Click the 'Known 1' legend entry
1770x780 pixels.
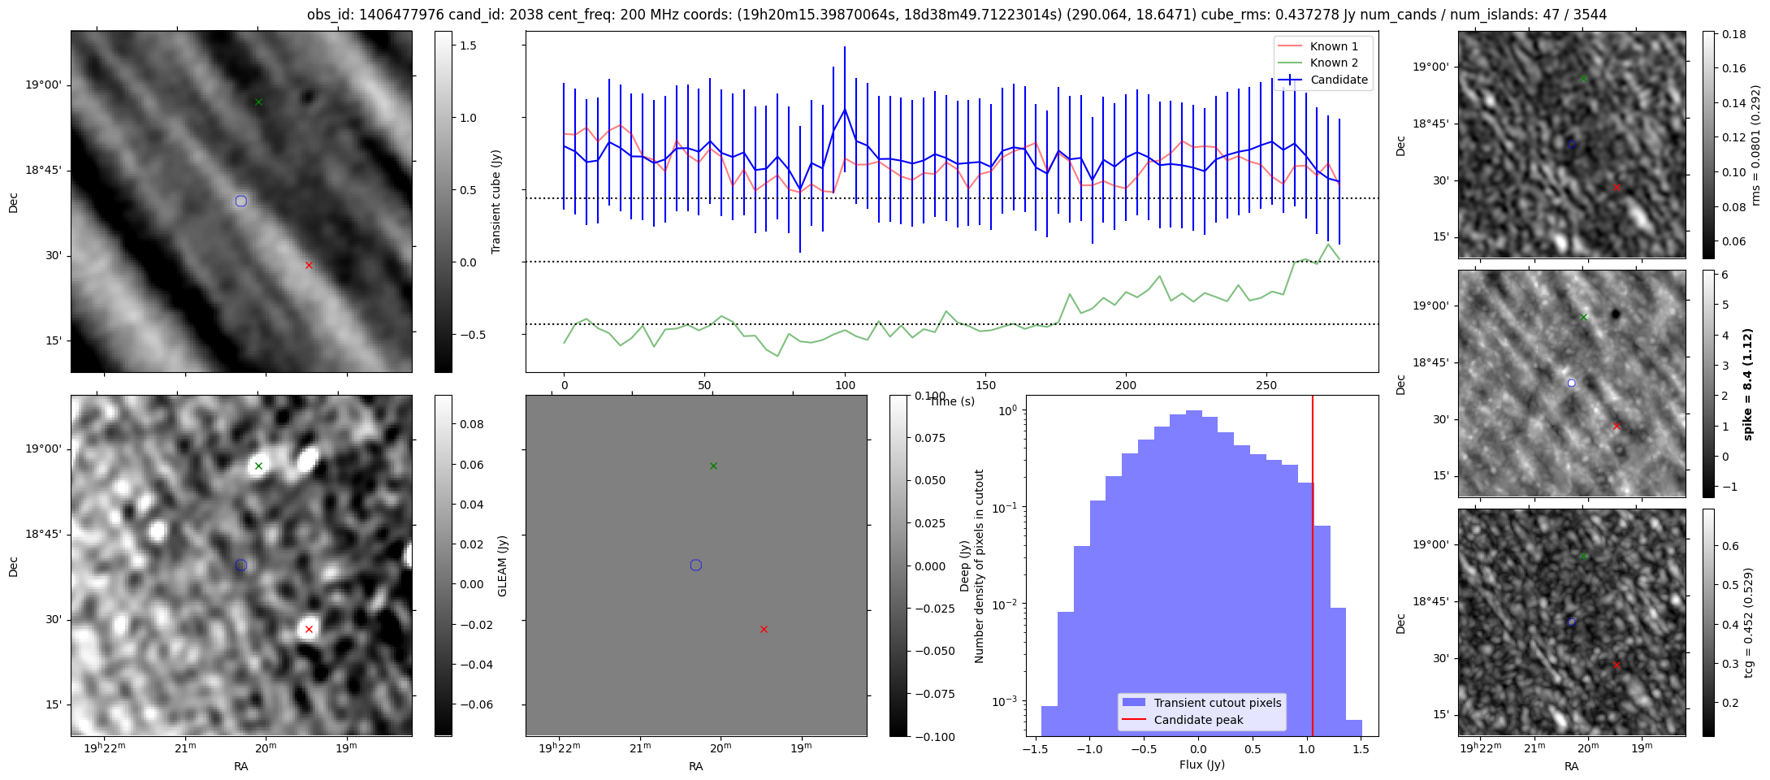click(1334, 46)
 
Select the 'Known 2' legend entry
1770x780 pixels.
click(1334, 63)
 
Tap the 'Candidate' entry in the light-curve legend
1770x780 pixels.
click(1339, 80)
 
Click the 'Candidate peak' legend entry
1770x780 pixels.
click(1198, 720)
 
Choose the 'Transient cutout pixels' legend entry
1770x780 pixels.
click(1217, 703)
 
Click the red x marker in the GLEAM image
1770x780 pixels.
click(309, 629)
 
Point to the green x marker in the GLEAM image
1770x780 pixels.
click(258, 466)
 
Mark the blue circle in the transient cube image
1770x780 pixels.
click(240, 201)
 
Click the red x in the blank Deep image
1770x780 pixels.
click(764, 629)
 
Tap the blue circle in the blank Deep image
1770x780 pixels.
click(695, 565)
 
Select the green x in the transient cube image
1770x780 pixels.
click(258, 102)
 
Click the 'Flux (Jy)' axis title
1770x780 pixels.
click(1201, 765)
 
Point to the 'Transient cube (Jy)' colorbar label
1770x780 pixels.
click(496, 201)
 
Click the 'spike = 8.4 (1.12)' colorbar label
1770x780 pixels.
click(1747, 383)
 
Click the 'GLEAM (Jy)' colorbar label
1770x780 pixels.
click(502, 565)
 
